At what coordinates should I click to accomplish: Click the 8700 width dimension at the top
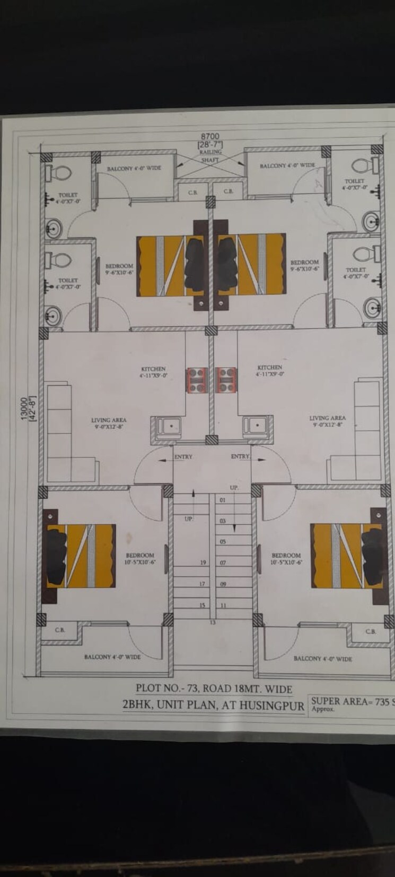click(209, 137)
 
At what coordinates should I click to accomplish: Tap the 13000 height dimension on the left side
click(24, 409)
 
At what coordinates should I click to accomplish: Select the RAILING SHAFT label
click(209, 156)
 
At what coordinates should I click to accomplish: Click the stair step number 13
click(213, 622)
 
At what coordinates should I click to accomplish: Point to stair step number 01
click(223, 500)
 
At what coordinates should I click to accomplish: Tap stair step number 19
click(203, 562)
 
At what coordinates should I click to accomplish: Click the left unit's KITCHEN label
click(153, 369)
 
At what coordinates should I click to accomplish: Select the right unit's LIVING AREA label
click(327, 418)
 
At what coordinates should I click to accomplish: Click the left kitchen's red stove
click(196, 380)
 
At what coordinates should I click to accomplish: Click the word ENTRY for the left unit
click(183, 457)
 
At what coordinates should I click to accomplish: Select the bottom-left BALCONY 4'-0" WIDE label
click(112, 657)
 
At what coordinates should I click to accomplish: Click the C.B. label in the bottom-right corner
click(371, 631)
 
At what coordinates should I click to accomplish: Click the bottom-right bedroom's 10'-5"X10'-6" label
click(286, 562)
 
